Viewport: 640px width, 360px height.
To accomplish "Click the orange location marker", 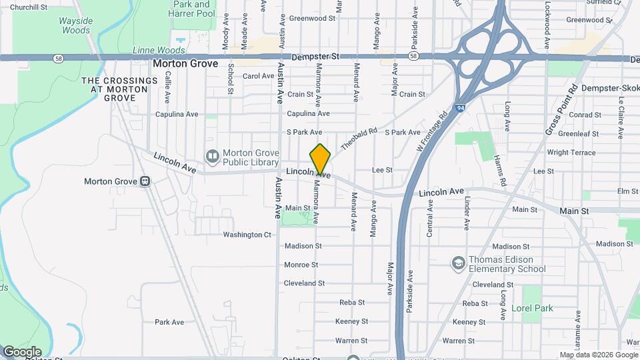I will coord(320,159).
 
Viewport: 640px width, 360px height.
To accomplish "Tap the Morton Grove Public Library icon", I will coord(212,157).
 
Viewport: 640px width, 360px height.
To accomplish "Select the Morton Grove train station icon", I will coord(145,181).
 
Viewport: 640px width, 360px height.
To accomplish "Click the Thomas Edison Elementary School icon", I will coord(458,264).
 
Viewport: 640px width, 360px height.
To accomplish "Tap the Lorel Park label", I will coord(532,309).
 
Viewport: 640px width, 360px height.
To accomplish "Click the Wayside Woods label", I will coord(75,26).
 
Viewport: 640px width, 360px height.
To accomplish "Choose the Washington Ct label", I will coord(247,235).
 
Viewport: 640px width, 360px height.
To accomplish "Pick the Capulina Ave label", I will coord(177,114).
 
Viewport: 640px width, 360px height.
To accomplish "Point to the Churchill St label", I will coord(29,7).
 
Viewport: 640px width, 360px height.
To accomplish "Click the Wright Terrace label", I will coord(571,153).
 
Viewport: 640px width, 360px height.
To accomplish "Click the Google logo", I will coord(22,351).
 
